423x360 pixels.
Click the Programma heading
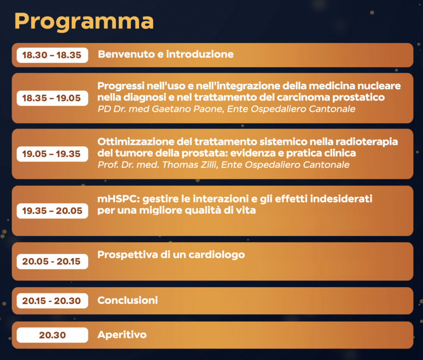tap(84, 21)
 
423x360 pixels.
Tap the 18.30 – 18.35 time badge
tap(52, 55)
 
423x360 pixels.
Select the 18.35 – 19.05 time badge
tap(52, 98)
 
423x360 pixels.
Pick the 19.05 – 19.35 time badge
tap(52, 154)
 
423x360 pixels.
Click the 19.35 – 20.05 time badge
tap(52, 211)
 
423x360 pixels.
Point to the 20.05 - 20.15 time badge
tap(52, 261)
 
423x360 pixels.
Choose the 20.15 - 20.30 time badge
tap(52, 300)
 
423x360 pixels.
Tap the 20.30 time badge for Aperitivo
tap(52, 335)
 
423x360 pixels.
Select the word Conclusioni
tap(128, 300)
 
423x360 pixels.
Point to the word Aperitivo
tap(122, 335)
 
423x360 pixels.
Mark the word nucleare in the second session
tap(379, 86)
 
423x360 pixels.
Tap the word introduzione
tap(200, 54)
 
